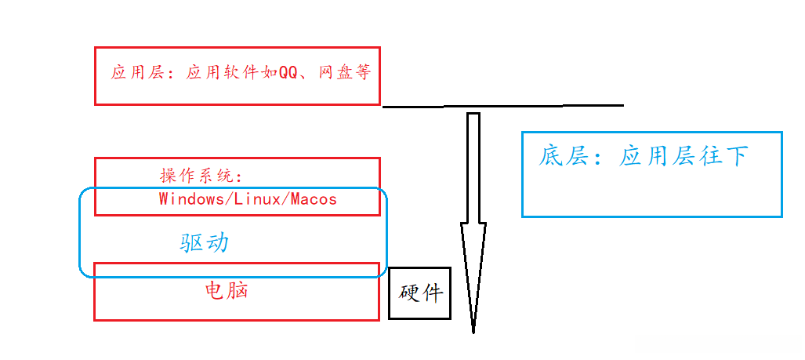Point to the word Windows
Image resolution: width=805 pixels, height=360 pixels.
tap(190, 198)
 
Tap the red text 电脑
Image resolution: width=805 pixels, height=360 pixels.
tap(227, 291)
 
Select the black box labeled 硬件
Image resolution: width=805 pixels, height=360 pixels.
tap(420, 293)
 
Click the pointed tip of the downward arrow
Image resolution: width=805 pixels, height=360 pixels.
tap(473, 329)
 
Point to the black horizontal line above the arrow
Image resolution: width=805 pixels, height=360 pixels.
tap(502, 105)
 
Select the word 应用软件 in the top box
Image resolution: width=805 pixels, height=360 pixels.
tap(227, 74)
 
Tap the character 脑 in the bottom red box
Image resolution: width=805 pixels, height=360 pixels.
tap(238, 291)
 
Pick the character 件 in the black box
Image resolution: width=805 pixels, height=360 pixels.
tap(432, 293)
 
